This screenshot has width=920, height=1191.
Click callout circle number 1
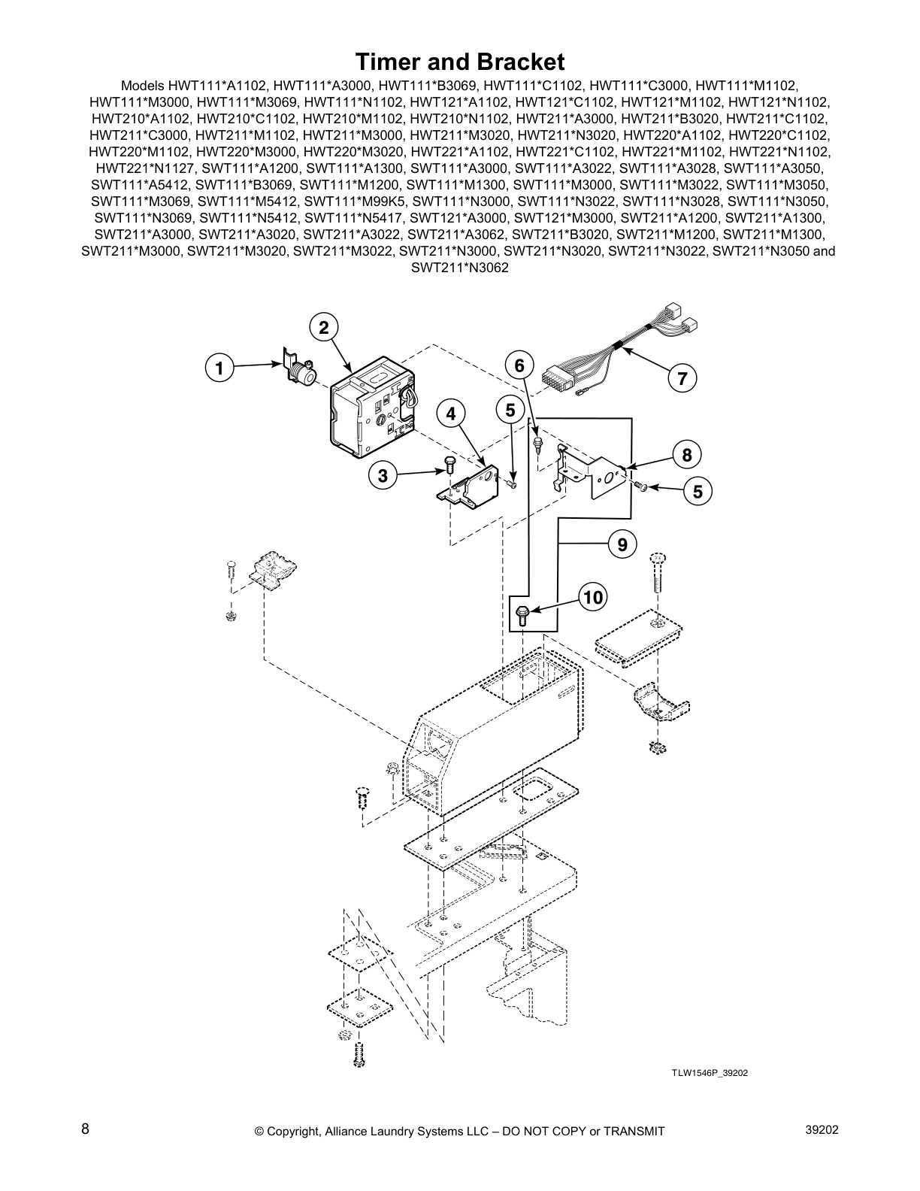(x=219, y=368)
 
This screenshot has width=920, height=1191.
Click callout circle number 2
(x=323, y=328)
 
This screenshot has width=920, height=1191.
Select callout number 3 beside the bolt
(x=383, y=475)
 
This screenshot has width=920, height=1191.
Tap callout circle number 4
(x=451, y=414)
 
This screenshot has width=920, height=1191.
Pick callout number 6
(x=519, y=366)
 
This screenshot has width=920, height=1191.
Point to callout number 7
(x=682, y=378)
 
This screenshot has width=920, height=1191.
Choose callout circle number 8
(x=686, y=455)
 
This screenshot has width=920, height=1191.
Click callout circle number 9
(x=622, y=543)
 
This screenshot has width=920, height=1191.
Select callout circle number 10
(x=593, y=597)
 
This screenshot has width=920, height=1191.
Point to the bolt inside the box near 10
(x=525, y=616)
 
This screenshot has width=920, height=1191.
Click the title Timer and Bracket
(x=459, y=61)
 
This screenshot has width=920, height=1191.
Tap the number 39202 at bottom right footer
(x=820, y=1129)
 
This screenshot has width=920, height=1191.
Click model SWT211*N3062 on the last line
(x=459, y=267)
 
